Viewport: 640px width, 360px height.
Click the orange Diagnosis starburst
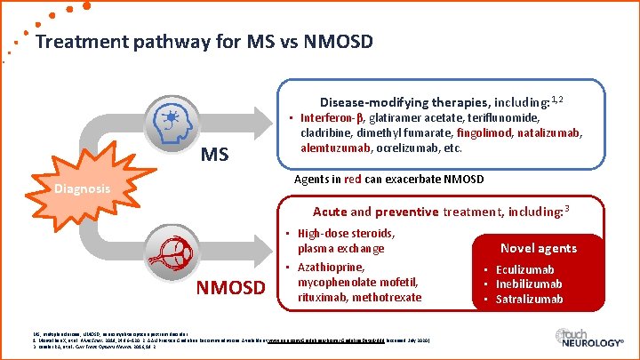pyautogui.click(x=80, y=189)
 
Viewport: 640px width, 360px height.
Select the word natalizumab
pyautogui.click(x=549, y=132)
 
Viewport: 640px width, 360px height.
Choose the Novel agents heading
pyautogui.click(x=539, y=248)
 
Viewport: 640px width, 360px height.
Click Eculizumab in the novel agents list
pyautogui.click(x=524, y=269)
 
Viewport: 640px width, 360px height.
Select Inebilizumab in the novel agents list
pyautogui.click(x=529, y=284)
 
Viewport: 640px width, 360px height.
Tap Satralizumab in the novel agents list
pyautogui.click(x=530, y=299)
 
